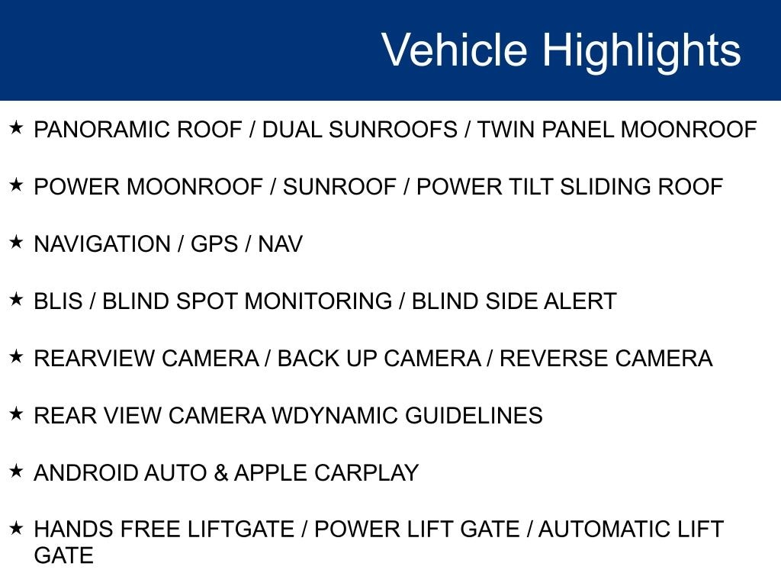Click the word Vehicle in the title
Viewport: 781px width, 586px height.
pyautogui.click(x=454, y=50)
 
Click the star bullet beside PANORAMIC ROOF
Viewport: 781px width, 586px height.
pyautogui.click(x=17, y=127)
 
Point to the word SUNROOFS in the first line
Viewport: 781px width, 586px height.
pyautogui.click(x=393, y=130)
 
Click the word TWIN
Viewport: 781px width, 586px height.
pyautogui.click(x=506, y=130)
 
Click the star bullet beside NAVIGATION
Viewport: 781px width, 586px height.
pyautogui.click(x=17, y=242)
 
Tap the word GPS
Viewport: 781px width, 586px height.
pyautogui.click(x=214, y=244)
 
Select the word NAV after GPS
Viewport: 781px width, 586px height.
pyautogui.click(x=280, y=244)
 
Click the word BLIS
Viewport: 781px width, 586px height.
pyautogui.click(x=58, y=301)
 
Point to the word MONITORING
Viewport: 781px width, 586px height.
pyautogui.click(x=318, y=301)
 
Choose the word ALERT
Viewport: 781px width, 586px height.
pyautogui.click(x=580, y=301)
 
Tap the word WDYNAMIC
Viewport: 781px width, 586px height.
pyautogui.click(x=335, y=416)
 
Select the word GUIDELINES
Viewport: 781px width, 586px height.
pyautogui.click(x=474, y=416)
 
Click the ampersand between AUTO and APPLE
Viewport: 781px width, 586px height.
pyautogui.click(x=220, y=473)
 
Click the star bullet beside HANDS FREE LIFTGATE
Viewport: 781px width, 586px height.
pyautogui.click(x=17, y=528)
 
